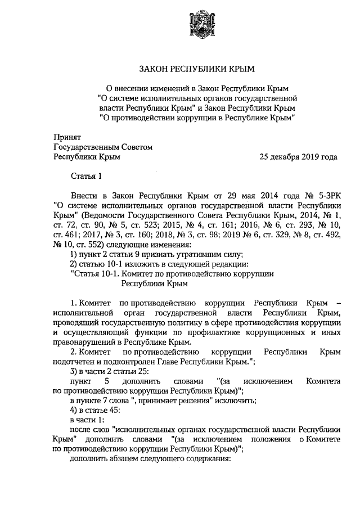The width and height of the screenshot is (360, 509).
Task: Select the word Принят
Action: click(x=67, y=137)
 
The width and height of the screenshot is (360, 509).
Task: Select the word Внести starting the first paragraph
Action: click(x=83, y=196)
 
